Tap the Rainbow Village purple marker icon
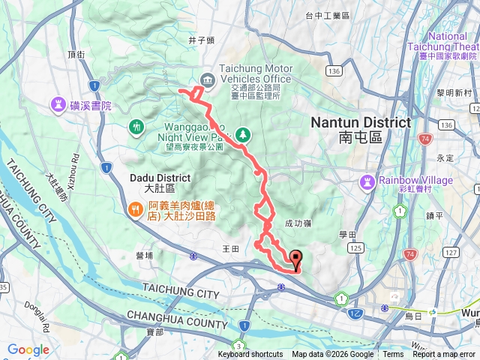click(x=367, y=181)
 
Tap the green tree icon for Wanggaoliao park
click(x=243, y=135)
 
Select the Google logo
click(x=28, y=349)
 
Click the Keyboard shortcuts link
click(x=250, y=355)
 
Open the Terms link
click(x=393, y=355)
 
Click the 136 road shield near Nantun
click(x=334, y=70)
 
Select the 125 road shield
click(x=355, y=247)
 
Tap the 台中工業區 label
click(x=328, y=15)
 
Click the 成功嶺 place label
click(x=295, y=223)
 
